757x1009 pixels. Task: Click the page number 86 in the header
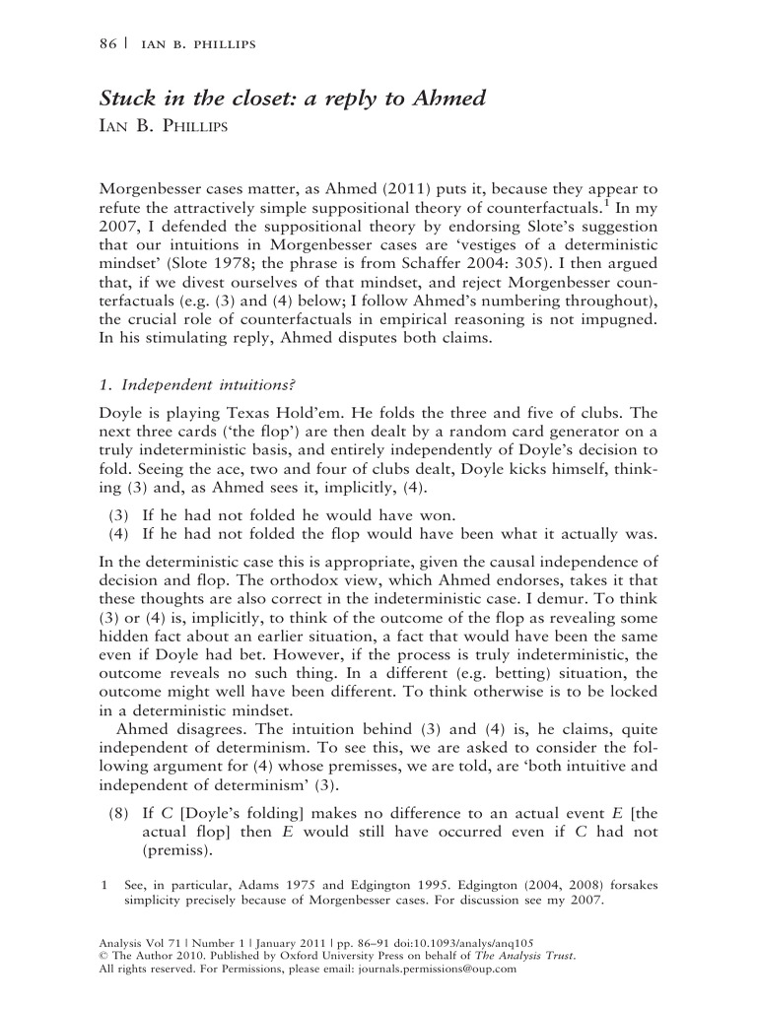(x=109, y=44)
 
